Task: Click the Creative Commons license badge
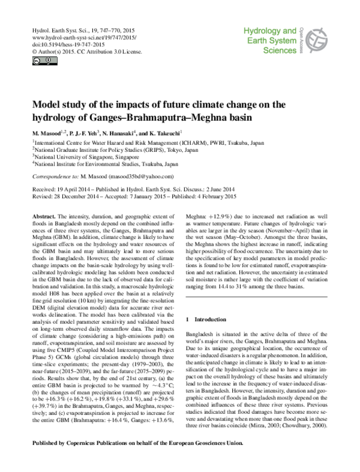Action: [x=37, y=60]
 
